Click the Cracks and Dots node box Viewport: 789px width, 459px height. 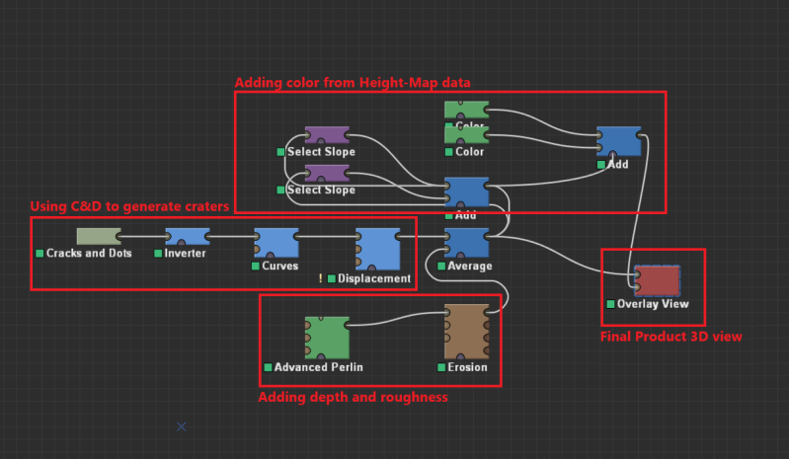pyautogui.click(x=98, y=236)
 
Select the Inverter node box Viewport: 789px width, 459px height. pyautogui.click(x=187, y=236)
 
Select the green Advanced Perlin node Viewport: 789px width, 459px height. pyautogui.click(x=327, y=338)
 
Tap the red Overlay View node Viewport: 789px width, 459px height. pyautogui.click(x=657, y=280)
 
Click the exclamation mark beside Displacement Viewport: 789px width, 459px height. pyautogui.click(x=321, y=279)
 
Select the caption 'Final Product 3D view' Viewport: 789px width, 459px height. pyautogui.click(x=671, y=337)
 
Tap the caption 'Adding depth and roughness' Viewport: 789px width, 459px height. pyautogui.click(x=353, y=397)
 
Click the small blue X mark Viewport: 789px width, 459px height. pyautogui.click(x=181, y=426)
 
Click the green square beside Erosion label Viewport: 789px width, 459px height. pyautogui.click(x=440, y=367)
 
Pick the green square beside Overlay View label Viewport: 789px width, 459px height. pyautogui.click(x=611, y=304)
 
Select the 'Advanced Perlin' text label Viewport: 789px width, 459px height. pyautogui.click(x=318, y=367)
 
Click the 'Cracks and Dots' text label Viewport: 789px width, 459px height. pyautogui.click(x=90, y=254)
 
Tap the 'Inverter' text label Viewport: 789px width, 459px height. pyautogui.click(x=187, y=254)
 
